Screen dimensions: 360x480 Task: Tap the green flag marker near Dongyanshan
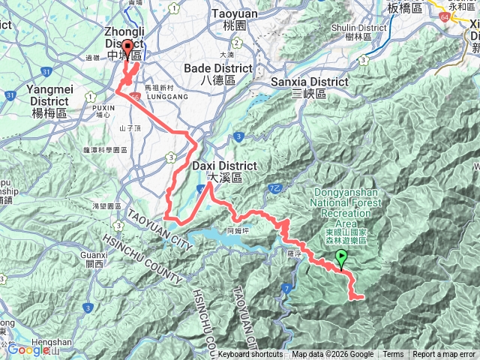342,259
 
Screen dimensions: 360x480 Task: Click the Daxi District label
224,166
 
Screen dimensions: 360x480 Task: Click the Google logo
28,349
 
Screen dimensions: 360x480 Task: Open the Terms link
393,355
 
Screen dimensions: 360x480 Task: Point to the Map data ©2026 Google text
332,355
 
